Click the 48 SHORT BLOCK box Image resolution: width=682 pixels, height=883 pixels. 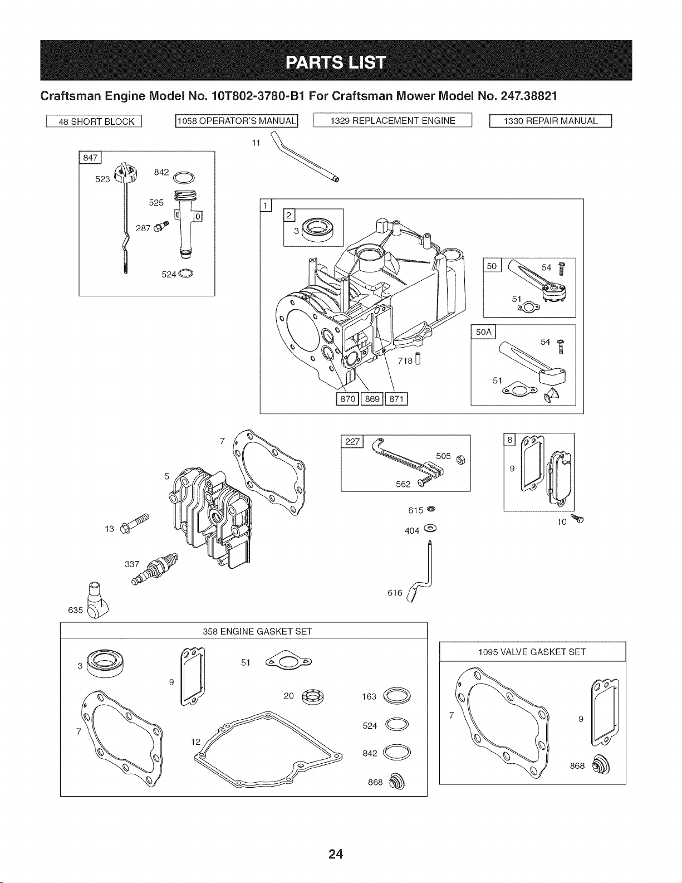point(94,121)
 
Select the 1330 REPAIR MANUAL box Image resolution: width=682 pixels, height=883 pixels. point(551,121)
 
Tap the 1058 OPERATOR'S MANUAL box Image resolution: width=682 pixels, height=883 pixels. point(237,121)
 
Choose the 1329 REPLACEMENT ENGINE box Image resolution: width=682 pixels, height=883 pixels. point(392,121)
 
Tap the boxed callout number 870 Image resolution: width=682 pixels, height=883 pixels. point(347,399)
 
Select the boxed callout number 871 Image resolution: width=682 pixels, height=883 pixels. point(396,399)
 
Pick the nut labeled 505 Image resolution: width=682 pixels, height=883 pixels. point(460,460)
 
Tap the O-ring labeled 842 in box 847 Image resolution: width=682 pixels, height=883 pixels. point(184,178)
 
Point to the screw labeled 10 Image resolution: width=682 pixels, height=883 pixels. point(577,519)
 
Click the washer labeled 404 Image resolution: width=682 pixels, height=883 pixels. point(430,528)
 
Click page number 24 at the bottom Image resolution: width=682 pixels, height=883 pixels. point(336,853)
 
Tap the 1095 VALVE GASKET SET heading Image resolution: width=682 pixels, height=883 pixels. point(532,652)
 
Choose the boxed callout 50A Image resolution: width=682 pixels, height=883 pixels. point(483,332)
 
